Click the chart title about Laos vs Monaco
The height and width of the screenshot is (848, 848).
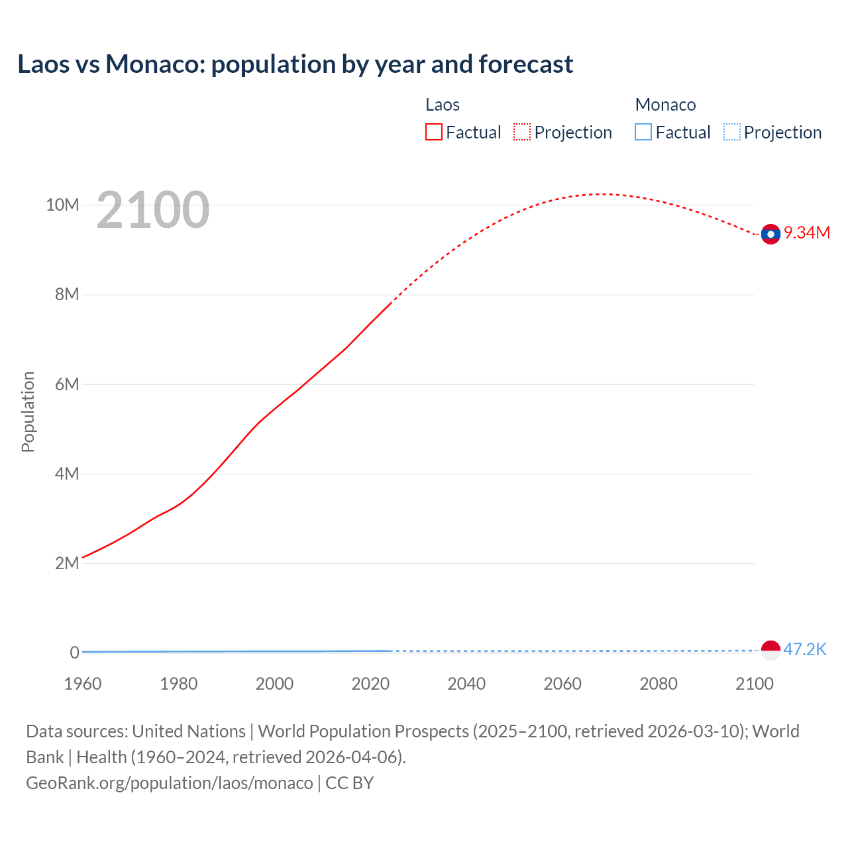tap(295, 64)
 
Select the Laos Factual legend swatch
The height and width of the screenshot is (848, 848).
tap(434, 132)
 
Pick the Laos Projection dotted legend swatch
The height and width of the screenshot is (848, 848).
tap(522, 132)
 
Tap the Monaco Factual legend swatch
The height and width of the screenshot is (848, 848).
tap(643, 132)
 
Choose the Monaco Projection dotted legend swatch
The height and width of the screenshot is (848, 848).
tap(732, 132)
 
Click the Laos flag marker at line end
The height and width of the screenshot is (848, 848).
tap(770, 234)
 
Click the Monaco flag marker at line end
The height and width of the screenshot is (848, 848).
tap(770, 651)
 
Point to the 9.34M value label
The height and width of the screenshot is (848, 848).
tap(807, 233)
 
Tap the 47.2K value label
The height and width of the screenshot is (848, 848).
tap(805, 649)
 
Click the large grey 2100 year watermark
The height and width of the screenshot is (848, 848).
tap(153, 210)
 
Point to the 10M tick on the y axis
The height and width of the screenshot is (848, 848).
tap(62, 205)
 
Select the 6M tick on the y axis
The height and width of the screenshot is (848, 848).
tap(67, 384)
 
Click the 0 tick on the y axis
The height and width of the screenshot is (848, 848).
tap(74, 653)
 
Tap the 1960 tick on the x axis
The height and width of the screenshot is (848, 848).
tap(83, 684)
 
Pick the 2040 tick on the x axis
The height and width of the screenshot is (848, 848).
tap(466, 684)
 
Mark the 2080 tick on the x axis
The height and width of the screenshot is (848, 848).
tap(659, 684)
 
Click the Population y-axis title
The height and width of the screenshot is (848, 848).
tap(28, 411)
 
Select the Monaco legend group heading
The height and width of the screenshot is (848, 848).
tap(665, 105)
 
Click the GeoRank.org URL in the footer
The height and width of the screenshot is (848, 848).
tap(169, 783)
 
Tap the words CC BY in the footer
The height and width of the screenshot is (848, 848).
tap(350, 783)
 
